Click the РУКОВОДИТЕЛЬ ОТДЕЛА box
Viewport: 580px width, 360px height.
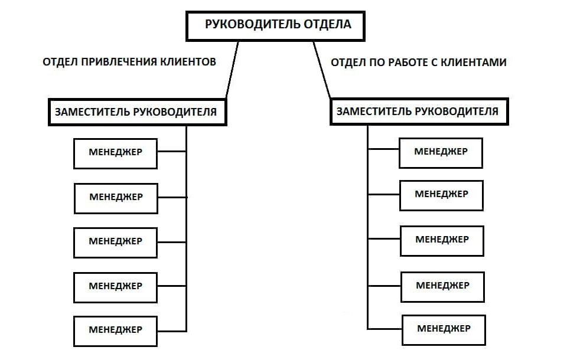[277, 25]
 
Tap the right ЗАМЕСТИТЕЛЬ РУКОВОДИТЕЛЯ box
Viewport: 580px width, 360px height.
[418, 112]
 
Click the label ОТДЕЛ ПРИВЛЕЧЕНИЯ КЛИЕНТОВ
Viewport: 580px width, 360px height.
[129, 61]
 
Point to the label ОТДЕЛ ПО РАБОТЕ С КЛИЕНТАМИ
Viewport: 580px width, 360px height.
[418, 62]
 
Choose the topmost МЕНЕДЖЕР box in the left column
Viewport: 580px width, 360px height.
[116, 153]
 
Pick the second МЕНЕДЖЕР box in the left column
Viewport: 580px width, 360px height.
[116, 198]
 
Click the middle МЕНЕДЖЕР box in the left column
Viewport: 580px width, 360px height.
[116, 242]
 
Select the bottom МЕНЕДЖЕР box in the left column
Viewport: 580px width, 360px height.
[116, 330]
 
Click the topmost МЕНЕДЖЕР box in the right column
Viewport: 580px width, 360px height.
[441, 152]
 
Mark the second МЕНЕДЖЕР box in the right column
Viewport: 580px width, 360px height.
[441, 195]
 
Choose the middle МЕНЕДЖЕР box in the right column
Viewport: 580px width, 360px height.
[442, 240]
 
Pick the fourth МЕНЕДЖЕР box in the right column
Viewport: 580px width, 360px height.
[442, 286]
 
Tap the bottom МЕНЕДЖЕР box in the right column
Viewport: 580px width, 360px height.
[444, 329]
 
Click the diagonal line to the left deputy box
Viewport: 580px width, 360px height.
[232, 70]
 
